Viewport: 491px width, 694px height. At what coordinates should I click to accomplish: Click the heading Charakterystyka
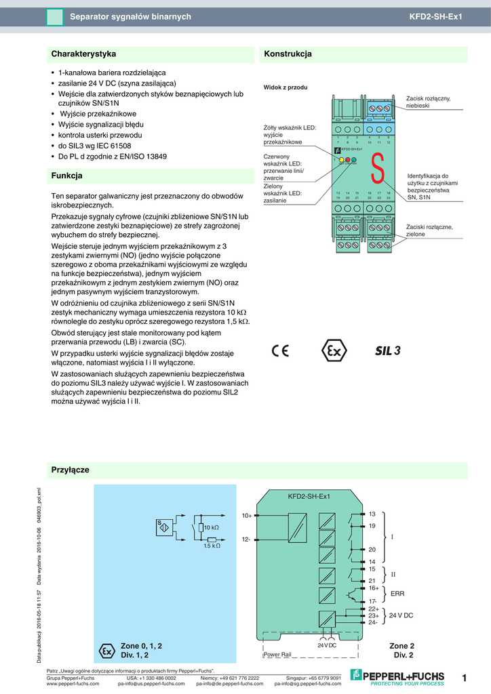tap(84, 54)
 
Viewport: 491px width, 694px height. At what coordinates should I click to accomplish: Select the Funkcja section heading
tap(67, 176)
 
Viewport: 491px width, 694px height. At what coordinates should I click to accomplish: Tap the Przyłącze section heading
tap(71, 470)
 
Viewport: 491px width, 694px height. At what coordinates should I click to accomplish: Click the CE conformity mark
tap(280, 351)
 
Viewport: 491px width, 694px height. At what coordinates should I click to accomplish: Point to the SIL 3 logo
tap(389, 351)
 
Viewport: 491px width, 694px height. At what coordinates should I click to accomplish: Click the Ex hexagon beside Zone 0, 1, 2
tap(106, 651)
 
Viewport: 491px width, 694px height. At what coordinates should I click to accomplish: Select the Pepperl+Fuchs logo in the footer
tap(397, 676)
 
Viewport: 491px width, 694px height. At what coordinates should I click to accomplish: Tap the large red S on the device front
tap(378, 167)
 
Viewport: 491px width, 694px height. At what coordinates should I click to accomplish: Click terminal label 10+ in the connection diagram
tap(247, 516)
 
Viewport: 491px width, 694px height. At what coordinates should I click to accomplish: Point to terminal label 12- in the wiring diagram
tap(247, 539)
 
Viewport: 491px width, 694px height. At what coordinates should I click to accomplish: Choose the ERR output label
tap(397, 594)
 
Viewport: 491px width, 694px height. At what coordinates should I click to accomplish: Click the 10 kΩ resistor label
tap(212, 527)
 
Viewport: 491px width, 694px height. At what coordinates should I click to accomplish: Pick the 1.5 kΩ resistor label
tap(212, 546)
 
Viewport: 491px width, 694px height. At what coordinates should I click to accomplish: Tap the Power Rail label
tap(277, 655)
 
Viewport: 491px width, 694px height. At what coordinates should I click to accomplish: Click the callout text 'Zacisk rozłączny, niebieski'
tap(428, 102)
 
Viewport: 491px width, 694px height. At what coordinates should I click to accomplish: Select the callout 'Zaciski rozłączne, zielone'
tap(429, 230)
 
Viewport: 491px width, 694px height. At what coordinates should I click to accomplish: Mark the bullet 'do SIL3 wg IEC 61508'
tap(95, 146)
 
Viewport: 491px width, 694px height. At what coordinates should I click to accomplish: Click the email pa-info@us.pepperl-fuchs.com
tap(151, 684)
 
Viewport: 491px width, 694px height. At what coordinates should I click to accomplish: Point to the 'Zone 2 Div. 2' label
tap(401, 651)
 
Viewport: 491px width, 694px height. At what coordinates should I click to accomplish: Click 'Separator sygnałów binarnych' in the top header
tap(131, 16)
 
